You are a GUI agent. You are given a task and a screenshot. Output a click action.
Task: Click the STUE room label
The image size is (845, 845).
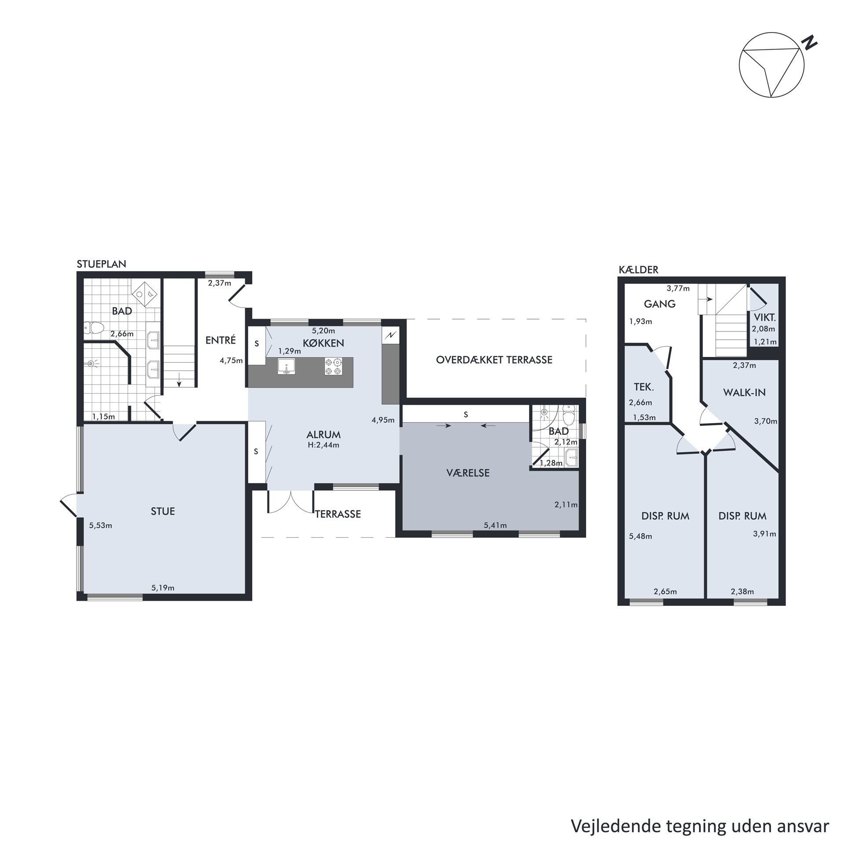163,511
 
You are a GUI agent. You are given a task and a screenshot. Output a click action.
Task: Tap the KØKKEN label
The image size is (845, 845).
323,343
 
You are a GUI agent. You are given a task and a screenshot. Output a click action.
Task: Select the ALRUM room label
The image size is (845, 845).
323,434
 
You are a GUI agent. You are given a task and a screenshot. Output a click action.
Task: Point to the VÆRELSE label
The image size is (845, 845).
468,473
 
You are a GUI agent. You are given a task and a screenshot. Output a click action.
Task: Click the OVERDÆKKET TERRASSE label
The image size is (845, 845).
494,360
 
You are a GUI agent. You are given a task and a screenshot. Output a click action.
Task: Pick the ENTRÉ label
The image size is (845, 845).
221,340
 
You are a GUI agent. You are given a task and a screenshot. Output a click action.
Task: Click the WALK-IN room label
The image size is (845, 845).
744,392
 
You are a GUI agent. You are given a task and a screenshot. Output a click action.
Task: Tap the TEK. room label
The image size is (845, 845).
644,387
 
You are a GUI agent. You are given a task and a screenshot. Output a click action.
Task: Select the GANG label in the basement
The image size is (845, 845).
660,304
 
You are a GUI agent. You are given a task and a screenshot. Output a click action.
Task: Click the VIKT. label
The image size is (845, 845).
765,318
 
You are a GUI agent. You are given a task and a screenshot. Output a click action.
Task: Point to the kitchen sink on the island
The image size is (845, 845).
287,366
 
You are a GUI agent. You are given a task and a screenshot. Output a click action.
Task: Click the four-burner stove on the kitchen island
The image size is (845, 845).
333,366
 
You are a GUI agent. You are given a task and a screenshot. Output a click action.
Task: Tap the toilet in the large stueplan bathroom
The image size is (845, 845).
94,327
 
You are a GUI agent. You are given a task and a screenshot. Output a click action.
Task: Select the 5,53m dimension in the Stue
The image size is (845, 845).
101,525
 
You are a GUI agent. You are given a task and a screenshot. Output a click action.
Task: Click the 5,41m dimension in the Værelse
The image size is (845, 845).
495,525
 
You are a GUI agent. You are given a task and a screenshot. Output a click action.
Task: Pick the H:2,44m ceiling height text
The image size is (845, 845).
323,445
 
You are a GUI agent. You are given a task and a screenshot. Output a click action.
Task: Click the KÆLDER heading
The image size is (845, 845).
639,270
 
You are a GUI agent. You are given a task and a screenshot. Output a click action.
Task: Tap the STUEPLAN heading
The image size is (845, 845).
102,264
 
